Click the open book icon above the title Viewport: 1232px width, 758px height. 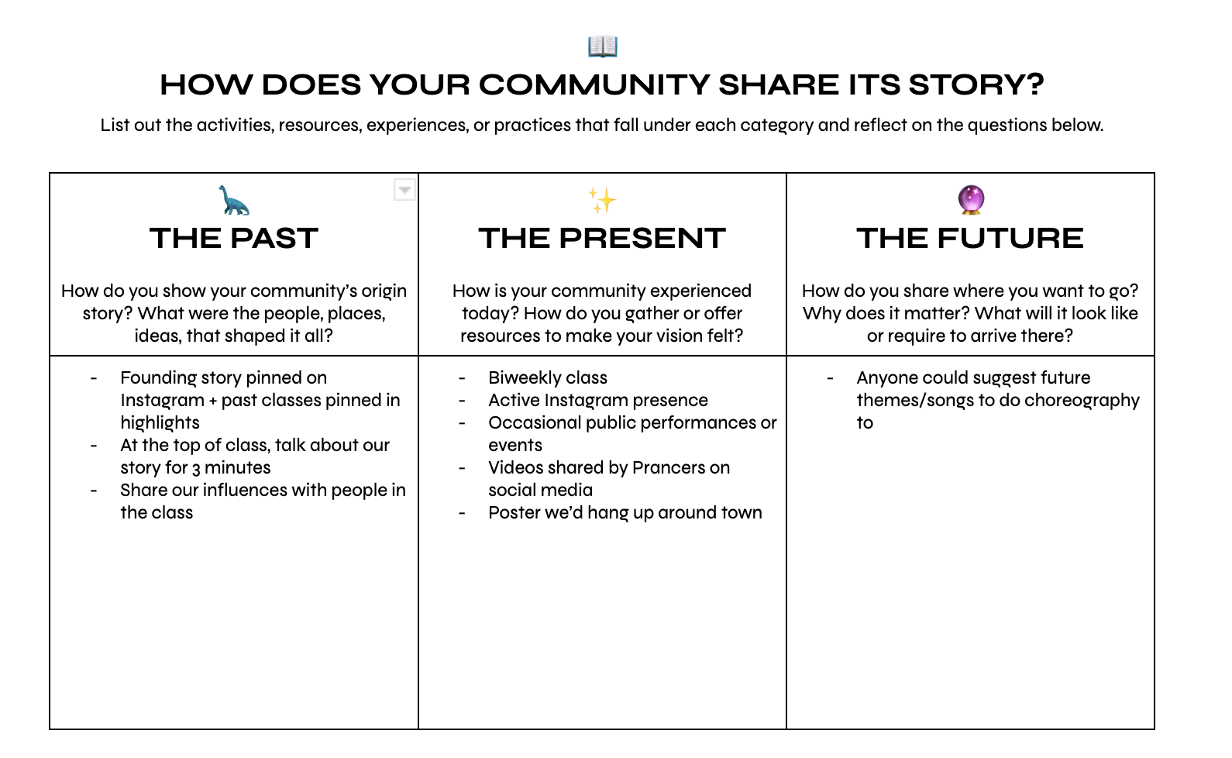[602, 47]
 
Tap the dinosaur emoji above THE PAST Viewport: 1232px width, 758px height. [233, 200]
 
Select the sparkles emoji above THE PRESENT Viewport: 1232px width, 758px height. [602, 200]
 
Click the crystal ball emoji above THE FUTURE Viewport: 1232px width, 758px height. [970, 200]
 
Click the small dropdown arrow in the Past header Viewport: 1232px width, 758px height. [404, 190]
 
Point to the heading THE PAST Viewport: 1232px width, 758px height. [233, 239]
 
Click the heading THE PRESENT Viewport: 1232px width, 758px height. [602, 239]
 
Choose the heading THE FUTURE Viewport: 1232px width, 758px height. [970, 239]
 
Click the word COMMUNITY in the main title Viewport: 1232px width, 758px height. [595, 84]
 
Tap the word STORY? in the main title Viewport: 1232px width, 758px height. [976, 84]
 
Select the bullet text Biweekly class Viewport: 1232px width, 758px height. [548, 378]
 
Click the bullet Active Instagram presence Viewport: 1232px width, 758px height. [597, 401]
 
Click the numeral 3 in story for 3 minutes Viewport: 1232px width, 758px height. [196, 469]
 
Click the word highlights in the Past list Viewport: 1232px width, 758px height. [160, 423]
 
